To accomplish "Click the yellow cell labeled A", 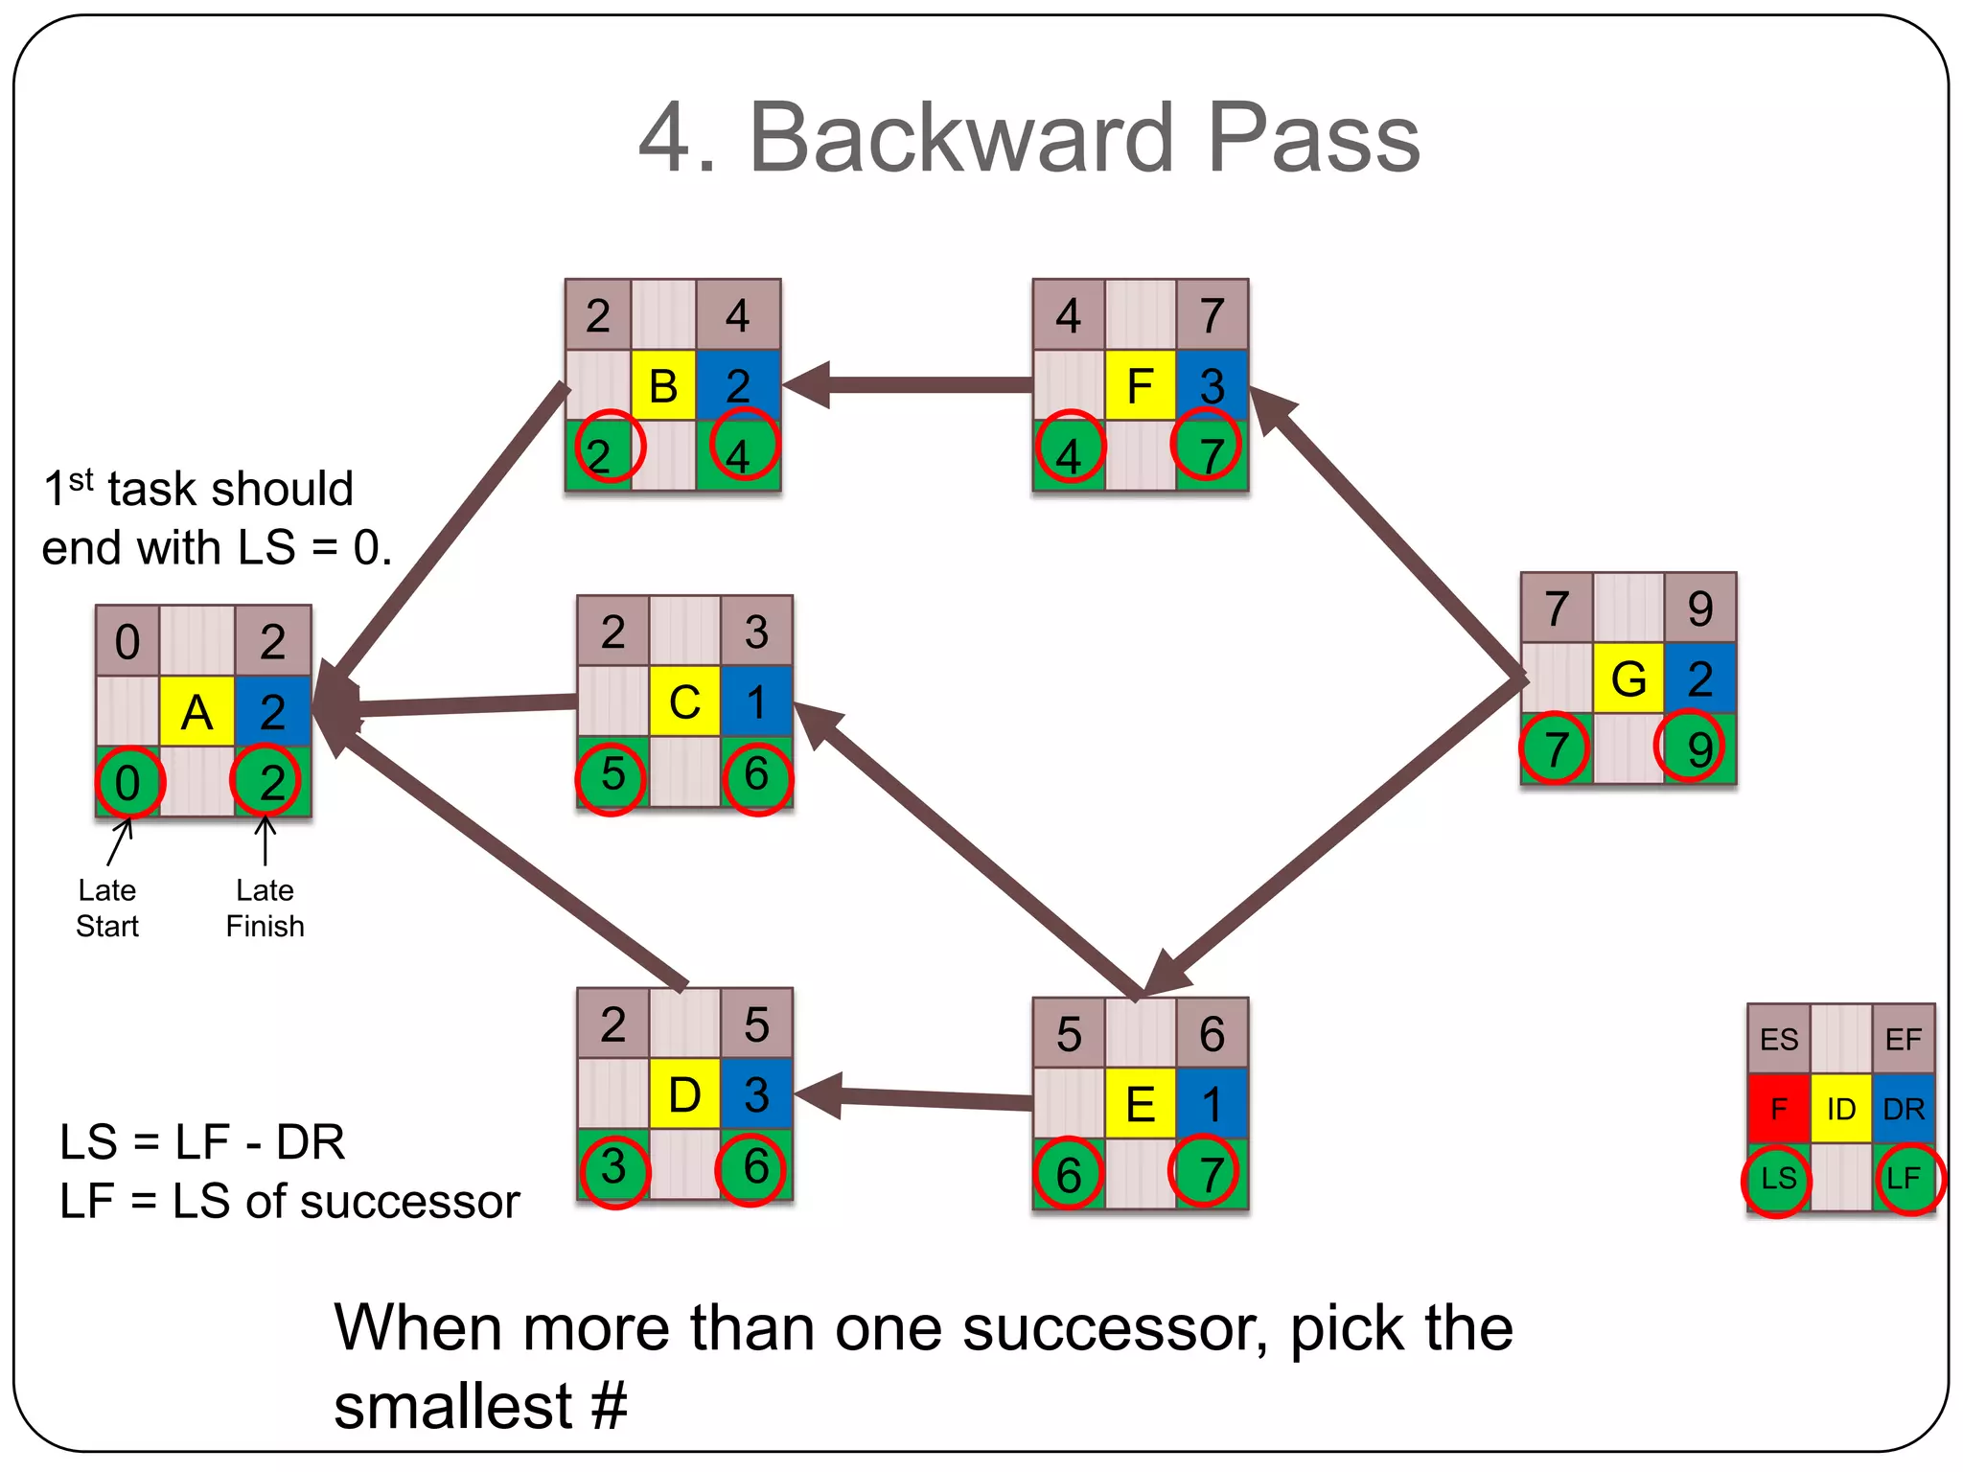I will click(x=196, y=712).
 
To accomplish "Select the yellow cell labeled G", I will click(x=1628, y=678).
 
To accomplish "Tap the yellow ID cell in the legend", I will click(x=1840, y=1109).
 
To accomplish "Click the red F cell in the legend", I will click(x=1778, y=1109).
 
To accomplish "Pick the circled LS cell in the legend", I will click(x=1778, y=1179).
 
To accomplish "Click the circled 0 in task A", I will click(x=128, y=783).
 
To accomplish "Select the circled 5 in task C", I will click(x=612, y=774).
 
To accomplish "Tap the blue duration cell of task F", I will click(x=1212, y=385).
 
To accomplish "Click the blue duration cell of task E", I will click(x=1212, y=1103).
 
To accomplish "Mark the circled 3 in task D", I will click(x=613, y=1167).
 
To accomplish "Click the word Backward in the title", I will click(x=960, y=139).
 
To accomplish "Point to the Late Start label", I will click(x=107, y=908).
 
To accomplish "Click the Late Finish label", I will click(x=266, y=908).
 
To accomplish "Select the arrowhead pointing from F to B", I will click(x=805, y=385).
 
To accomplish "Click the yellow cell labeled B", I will click(x=663, y=385).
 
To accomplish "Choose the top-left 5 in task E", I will click(x=1068, y=1035).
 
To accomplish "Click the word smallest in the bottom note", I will click(x=452, y=1406).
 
